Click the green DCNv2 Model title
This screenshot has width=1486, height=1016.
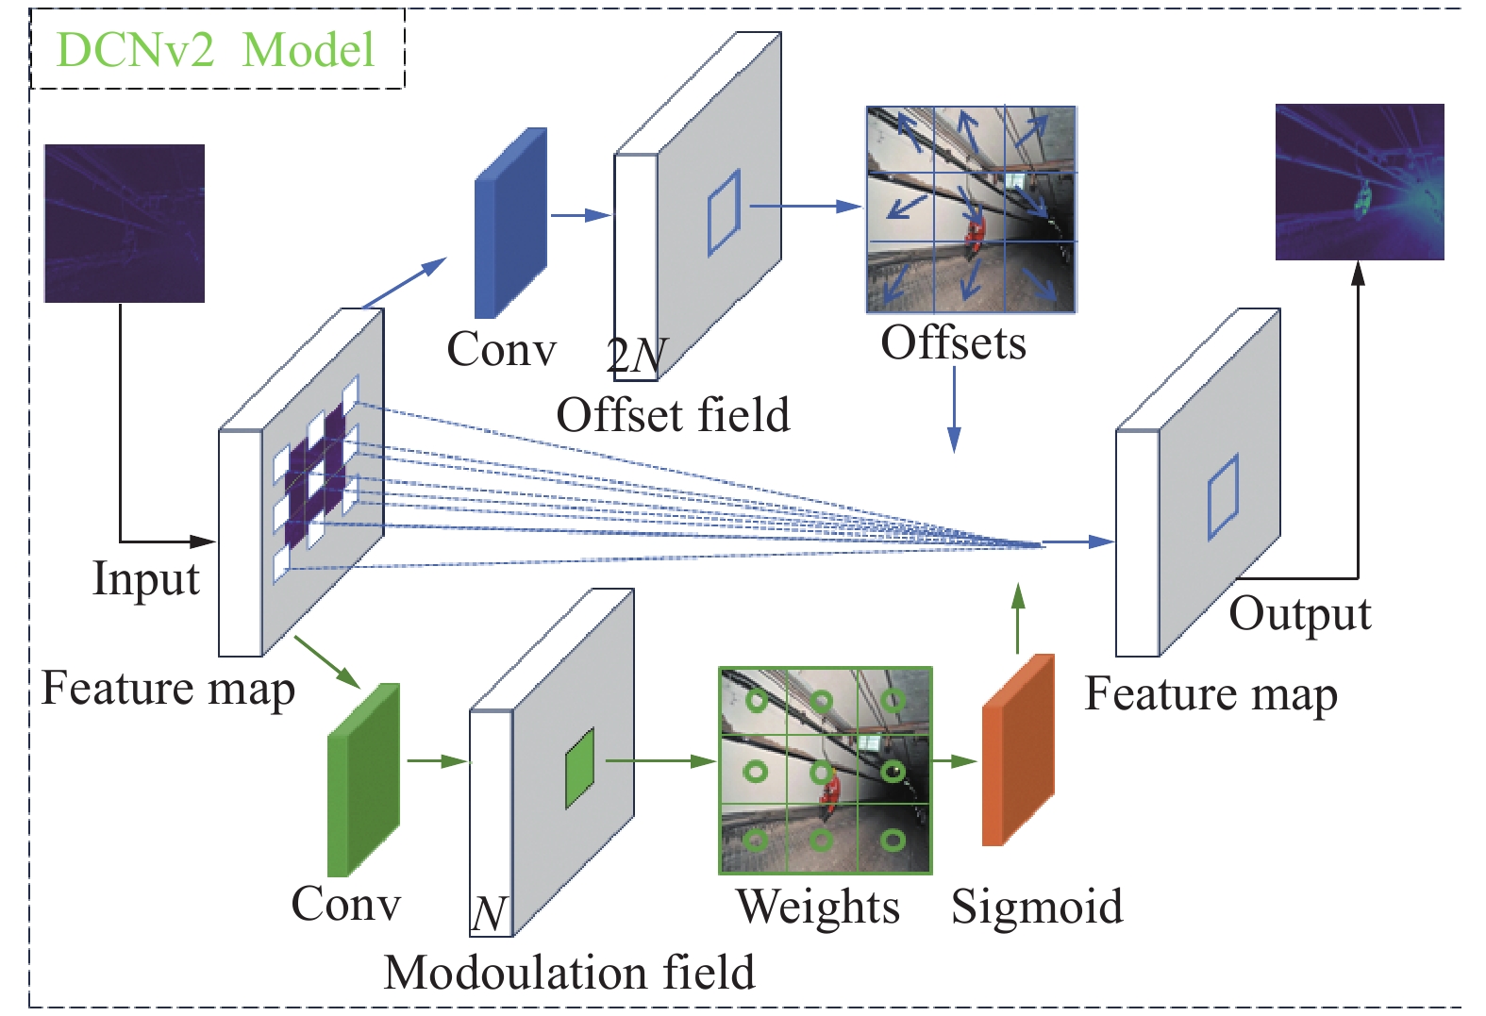pos(215,49)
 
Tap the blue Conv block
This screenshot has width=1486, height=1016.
pos(509,224)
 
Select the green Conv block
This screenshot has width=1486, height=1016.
pos(363,780)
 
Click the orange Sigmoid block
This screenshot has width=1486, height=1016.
pos(1018,750)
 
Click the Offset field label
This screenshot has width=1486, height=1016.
pos(673,415)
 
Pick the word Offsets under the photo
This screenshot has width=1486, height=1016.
pos(953,343)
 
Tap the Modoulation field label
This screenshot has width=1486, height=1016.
pos(569,973)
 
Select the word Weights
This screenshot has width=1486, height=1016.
pos(817,908)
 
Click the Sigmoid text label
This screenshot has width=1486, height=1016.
pos(1037,908)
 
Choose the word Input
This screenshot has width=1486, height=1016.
pos(146,578)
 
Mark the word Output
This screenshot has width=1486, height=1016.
pos(1299,614)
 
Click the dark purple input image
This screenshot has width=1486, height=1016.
pos(125,224)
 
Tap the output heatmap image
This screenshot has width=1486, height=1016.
pos(1360,182)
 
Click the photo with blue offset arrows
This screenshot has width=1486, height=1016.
pos(971,209)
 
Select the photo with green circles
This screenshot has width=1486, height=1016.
pos(826,771)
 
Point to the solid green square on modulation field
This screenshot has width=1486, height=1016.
pos(579,768)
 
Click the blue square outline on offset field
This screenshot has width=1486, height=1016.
pos(725,212)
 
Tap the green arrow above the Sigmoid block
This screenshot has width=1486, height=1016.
pos(1017,618)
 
